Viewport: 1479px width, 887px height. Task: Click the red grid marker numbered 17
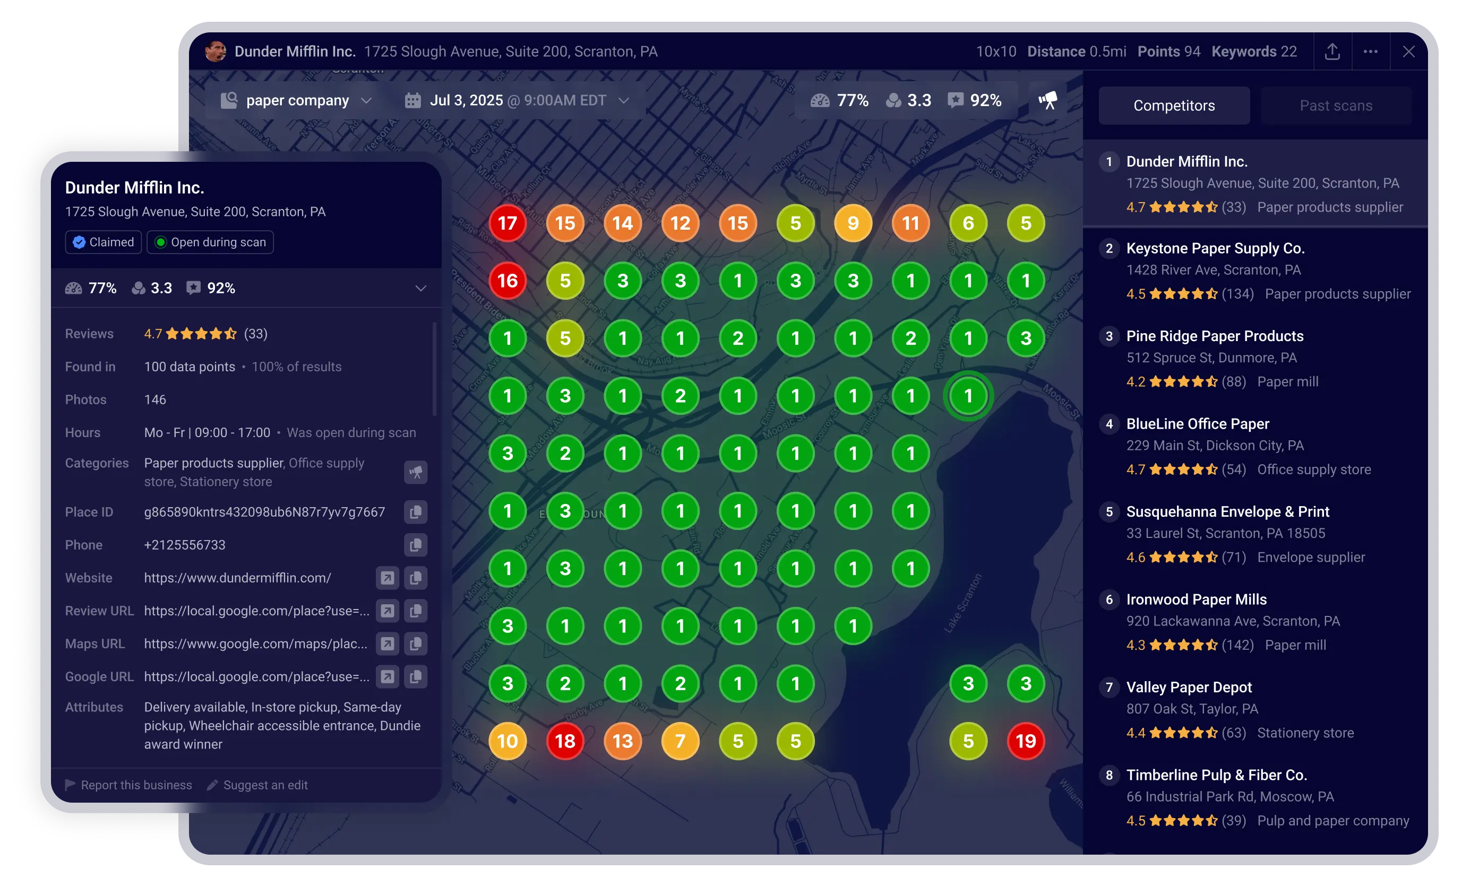(507, 223)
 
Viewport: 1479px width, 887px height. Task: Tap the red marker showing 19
(1026, 741)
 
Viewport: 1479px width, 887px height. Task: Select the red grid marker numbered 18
(564, 741)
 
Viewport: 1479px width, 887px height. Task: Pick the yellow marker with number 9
(853, 223)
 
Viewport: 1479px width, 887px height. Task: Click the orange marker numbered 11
(910, 223)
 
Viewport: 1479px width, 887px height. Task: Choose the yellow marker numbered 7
(680, 741)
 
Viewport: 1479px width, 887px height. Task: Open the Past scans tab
(1336, 106)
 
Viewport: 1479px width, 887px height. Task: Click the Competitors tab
(1173, 106)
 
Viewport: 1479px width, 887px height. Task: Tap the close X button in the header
(1408, 51)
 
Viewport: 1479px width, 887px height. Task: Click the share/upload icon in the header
(1332, 51)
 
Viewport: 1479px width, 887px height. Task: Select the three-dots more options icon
(1370, 51)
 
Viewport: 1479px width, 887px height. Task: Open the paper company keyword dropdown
(297, 100)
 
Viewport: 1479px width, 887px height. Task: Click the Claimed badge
(104, 242)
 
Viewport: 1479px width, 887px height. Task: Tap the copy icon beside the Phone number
(415, 545)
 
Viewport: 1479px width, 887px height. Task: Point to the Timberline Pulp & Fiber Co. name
(1216, 775)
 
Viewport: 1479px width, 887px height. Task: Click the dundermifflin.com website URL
(237, 578)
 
